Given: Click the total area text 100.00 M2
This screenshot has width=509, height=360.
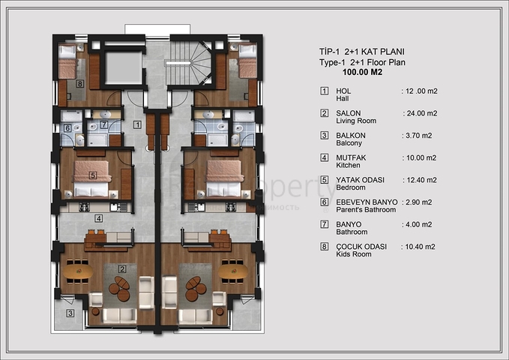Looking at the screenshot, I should click(363, 73).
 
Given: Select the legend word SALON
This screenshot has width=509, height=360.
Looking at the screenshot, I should click(349, 113).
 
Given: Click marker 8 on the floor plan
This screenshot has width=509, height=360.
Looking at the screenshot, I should click(80, 85).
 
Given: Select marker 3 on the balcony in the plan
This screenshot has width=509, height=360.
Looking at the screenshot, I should click(69, 313).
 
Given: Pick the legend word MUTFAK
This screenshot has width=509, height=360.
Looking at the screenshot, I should click(352, 157).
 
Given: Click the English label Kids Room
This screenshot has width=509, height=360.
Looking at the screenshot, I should click(355, 254).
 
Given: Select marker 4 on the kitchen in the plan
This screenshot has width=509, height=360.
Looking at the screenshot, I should click(98, 218).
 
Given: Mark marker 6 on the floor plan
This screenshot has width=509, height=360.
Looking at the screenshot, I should click(68, 128).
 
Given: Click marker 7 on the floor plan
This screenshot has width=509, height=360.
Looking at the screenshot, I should click(104, 124).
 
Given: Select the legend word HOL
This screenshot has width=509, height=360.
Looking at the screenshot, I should click(344, 91).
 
